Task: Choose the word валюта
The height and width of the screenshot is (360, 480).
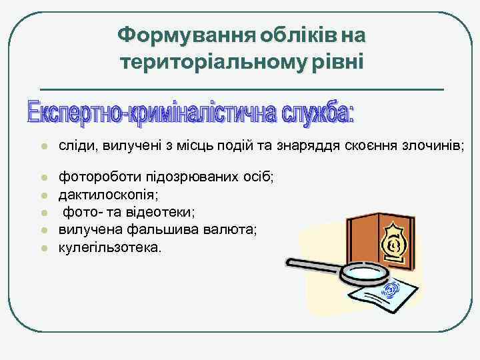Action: click(215, 230)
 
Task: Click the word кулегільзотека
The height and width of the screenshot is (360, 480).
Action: click(109, 247)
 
